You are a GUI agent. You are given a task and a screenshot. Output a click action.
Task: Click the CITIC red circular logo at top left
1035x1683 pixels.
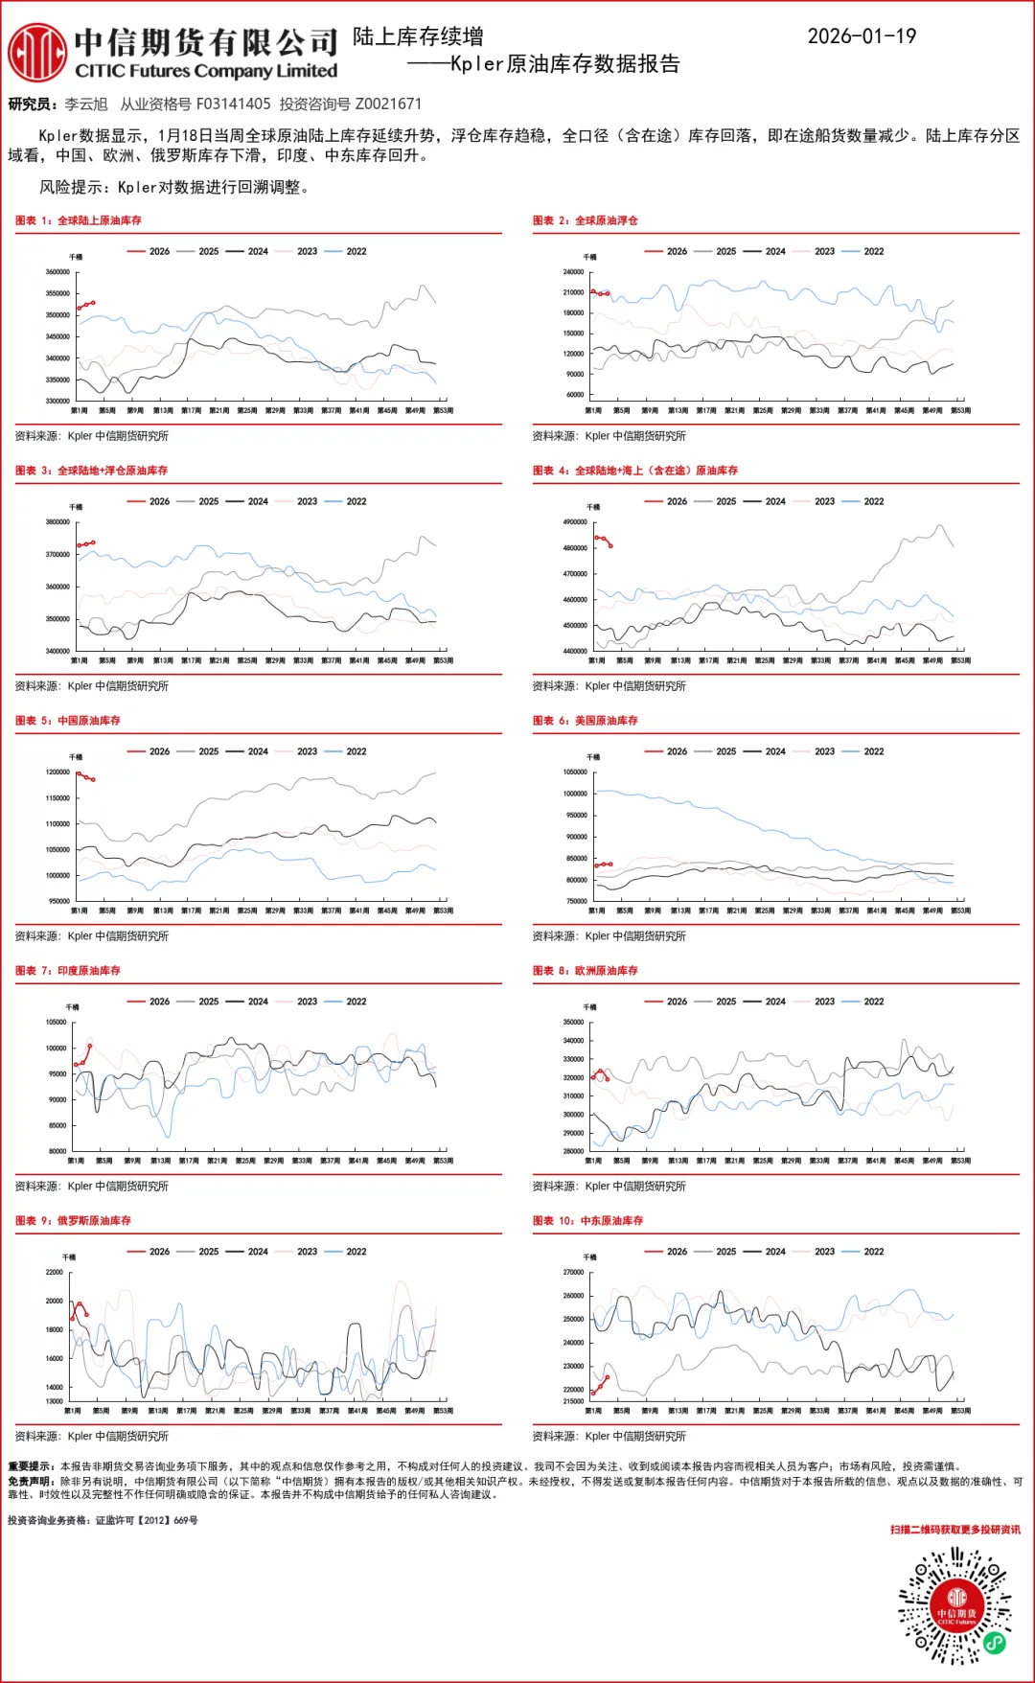point(37,53)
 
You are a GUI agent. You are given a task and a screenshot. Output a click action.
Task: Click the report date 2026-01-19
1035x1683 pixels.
point(862,36)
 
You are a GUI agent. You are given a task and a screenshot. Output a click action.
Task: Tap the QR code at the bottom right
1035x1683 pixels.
point(955,1605)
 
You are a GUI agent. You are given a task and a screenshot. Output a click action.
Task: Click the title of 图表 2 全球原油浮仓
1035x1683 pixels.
point(586,220)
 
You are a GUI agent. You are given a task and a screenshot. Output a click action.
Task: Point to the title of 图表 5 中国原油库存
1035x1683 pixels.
point(68,721)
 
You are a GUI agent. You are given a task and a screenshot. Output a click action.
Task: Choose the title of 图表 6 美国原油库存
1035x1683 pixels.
point(586,721)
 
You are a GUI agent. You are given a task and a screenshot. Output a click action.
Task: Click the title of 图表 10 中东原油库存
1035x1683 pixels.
point(588,1221)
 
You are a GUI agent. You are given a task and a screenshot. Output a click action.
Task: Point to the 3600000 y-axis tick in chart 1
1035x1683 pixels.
point(57,272)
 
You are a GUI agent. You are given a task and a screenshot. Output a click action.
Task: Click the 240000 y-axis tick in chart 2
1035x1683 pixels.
point(573,272)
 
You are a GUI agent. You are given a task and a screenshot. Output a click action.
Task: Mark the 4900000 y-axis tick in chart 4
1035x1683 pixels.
point(575,522)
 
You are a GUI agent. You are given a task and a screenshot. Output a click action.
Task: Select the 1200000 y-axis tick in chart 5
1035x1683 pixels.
point(57,772)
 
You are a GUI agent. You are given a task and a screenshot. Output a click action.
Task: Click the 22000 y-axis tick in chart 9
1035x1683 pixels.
point(55,1273)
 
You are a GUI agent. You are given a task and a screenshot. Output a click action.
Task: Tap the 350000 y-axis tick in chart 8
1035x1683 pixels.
point(573,1023)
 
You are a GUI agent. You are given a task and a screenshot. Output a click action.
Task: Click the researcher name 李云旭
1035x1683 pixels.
point(86,104)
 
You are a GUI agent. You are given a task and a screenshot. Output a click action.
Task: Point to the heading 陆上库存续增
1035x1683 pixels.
point(418,36)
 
